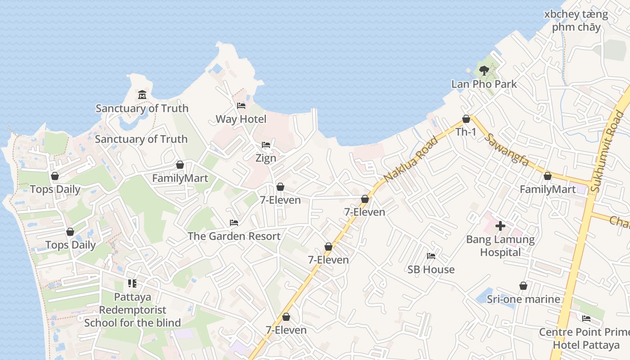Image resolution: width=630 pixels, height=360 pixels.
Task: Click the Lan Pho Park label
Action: coord(484,84)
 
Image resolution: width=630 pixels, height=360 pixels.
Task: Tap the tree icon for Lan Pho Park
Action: coord(484,70)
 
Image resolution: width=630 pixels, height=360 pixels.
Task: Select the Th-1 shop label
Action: coord(466,132)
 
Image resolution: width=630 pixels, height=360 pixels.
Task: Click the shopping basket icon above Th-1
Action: coord(466,119)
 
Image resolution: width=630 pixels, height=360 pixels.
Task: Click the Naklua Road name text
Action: coord(410,160)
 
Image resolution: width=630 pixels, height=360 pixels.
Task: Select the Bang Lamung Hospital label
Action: coord(500,246)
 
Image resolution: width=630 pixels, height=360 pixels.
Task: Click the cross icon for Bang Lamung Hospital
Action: coord(500,225)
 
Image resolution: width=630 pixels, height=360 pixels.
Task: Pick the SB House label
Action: coord(431,270)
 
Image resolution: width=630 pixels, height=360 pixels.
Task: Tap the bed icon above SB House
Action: coord(431,256)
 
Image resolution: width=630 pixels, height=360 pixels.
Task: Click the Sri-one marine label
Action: coord(523,299)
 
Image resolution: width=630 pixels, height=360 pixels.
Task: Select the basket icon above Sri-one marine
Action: coord(523,286)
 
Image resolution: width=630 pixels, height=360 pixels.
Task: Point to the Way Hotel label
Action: coord(241,119)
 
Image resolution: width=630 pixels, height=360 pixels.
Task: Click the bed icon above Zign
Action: coord(266,145)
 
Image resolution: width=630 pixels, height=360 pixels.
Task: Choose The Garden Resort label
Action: coord(234,236)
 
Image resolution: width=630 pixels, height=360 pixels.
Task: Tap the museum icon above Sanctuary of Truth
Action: coord(142,94)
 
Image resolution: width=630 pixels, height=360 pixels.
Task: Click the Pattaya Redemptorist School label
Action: coord(132,310)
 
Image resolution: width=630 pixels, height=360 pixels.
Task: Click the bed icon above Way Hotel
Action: coord(241,106)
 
